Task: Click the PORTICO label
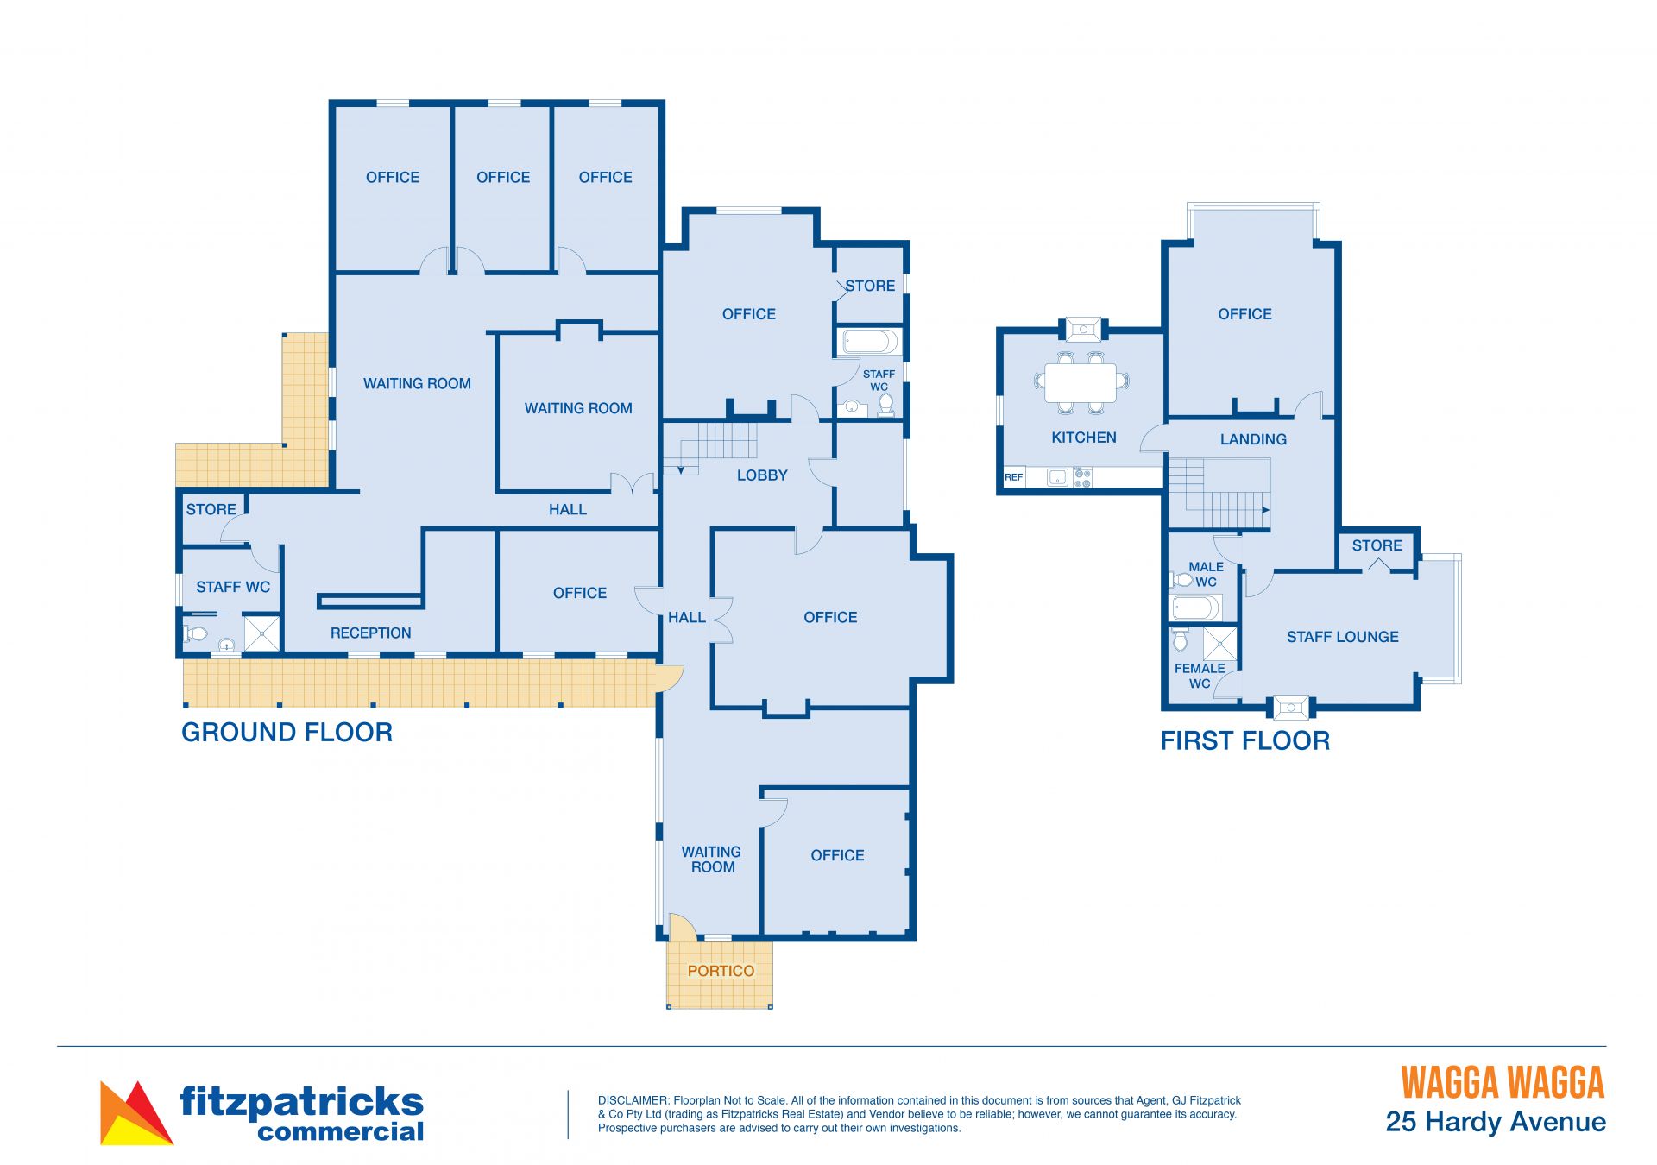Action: click(721, 971)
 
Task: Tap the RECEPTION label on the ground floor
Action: click(370, 633)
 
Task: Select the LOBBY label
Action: click(762, 475)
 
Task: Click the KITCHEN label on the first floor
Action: click(1084, 438)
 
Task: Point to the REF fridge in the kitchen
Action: click(1014, 477)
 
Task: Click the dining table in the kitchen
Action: click(1081, 382)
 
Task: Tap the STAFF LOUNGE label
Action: click(1343, 637)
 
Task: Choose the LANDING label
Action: click(1253, 439)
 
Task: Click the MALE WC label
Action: click(1206, 574)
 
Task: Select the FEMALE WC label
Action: click(1200, 676)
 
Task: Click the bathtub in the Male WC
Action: click(1195, 608)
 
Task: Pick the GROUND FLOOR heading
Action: click(287, 733)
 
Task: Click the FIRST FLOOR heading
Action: click(1244, 740)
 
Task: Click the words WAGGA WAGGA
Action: click(1503, 1083)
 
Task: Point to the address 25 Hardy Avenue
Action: click(1496, 1122)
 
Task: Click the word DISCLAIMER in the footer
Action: click(633, 1100)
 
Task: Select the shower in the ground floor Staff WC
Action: click(262, 633)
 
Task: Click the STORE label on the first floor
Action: click(1377, 545)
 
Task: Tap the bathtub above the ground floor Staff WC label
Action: click(870, 343)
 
